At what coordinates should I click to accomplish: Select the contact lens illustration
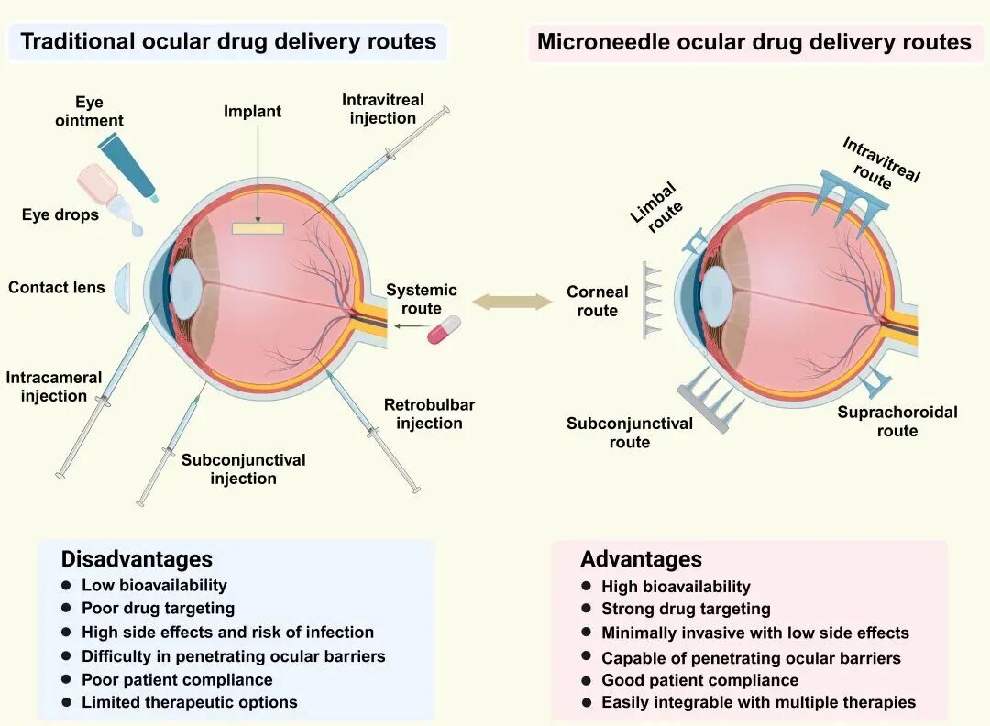tap(123, 289)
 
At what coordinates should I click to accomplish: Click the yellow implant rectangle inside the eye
tap(258, 228)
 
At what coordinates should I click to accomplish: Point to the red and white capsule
tap(444, 330)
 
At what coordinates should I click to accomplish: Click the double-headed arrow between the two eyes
tap(512, 302)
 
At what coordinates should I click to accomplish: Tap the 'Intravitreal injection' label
tap(383, 109)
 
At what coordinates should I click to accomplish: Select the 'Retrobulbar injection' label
tap(429, 414)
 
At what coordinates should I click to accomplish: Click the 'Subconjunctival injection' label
tap(243, 469)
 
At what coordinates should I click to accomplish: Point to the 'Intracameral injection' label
tap(54, 386)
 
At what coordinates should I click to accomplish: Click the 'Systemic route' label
tap(421, 299)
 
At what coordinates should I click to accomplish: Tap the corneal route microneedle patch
tap(653, 301)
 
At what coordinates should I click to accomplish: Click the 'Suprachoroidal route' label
tap(897, 422)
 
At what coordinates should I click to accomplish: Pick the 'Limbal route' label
tap(656, 206)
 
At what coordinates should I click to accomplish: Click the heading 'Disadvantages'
tap(137, 559)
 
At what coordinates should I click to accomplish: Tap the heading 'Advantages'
tap(641, 559)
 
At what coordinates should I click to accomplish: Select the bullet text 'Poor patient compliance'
tap(177, 680)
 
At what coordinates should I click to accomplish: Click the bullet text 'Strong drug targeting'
tap(686, 609)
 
